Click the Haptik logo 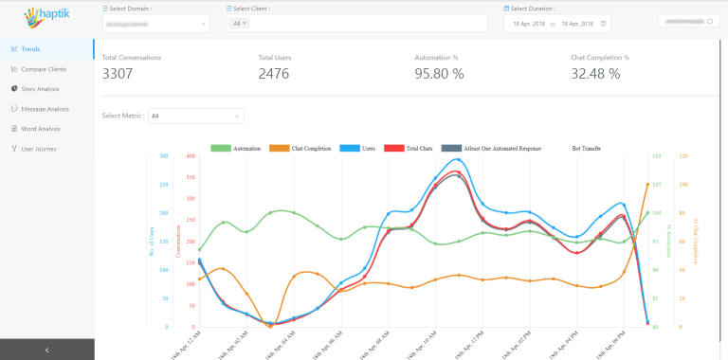click(45, 17)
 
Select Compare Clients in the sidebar click(45, 68)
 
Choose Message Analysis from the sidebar click(45, 108)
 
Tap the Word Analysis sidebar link click(40, 128)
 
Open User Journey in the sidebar click(38, 148)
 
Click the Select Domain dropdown click(155, 23)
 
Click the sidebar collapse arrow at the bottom click(46, 350)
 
